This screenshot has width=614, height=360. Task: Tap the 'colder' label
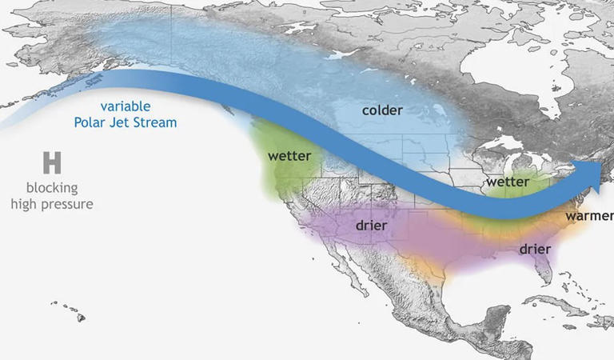coord(382,110)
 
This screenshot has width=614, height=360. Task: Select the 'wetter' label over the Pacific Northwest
coord(289,155)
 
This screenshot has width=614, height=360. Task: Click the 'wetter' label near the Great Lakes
coord(508,182)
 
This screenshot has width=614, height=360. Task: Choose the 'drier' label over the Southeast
coord(535,250)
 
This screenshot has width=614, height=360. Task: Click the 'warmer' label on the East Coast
coord(588,216)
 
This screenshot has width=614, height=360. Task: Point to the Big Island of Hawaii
coord(81,318)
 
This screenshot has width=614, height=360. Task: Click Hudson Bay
coord(512,76)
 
